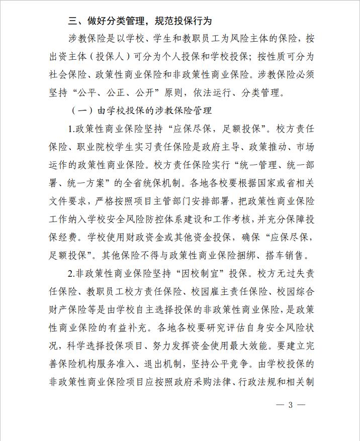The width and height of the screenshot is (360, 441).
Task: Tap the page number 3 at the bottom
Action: point(290,405)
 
